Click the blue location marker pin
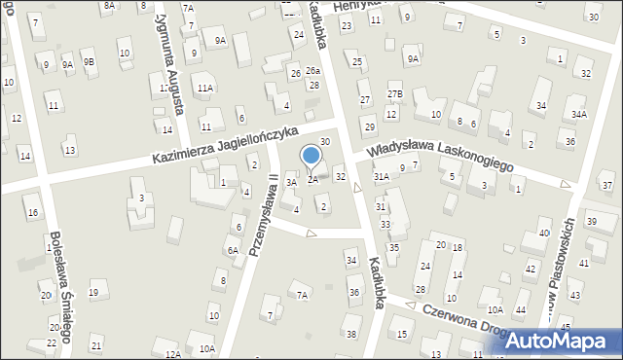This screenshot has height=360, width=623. (x=312, y=157)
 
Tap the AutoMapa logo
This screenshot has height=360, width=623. (x=557, y=342)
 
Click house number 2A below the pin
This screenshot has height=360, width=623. (x=312, y=179)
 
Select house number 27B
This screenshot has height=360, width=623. (x=394, y=93)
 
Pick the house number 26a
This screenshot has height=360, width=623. (x=312, y=71)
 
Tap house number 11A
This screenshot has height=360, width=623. (x=204, y=88)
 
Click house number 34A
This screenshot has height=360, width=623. (x=579, y=114)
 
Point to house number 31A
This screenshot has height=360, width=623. (x=382, y=176)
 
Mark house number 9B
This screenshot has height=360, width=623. (x=89, y=61)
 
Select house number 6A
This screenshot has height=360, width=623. (x=233, y=250)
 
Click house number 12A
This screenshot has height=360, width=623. (x=172, y=354)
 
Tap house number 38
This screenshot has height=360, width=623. (x=351, y=335)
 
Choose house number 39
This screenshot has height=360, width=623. (x=592, y=223)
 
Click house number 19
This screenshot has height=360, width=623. (x=93, y=292)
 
